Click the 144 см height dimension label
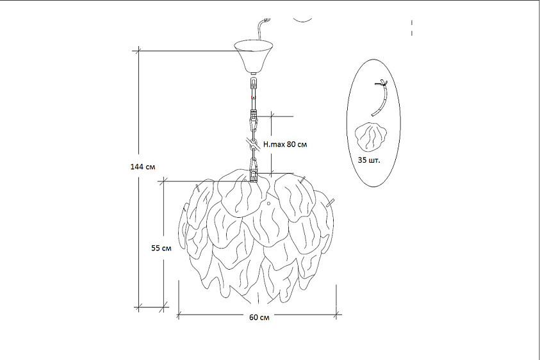(143, 167)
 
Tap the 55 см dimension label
(161, 248)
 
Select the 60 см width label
(259, 317)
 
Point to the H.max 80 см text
(285, 144)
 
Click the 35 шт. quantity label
(369, 160)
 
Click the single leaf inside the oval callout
(370, 137)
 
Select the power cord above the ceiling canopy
(263, 29)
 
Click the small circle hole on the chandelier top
(269, 203)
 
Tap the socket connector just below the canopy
(254, 84)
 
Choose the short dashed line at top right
(412, 28)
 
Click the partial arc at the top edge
(302, 20)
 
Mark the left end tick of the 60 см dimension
(178, 315)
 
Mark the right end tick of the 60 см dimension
(336, 314)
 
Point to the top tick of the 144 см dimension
(139, 51)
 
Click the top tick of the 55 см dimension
(163, 181)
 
